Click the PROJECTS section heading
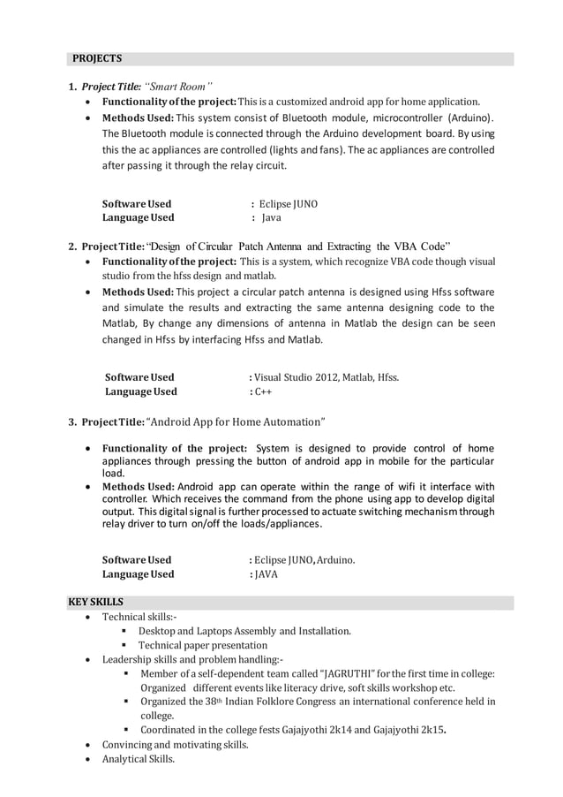[x=97, y=59]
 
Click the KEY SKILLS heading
[x=96, y=602]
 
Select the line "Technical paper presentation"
[x=202, y=645]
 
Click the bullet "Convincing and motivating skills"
[x=175, y=745]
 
